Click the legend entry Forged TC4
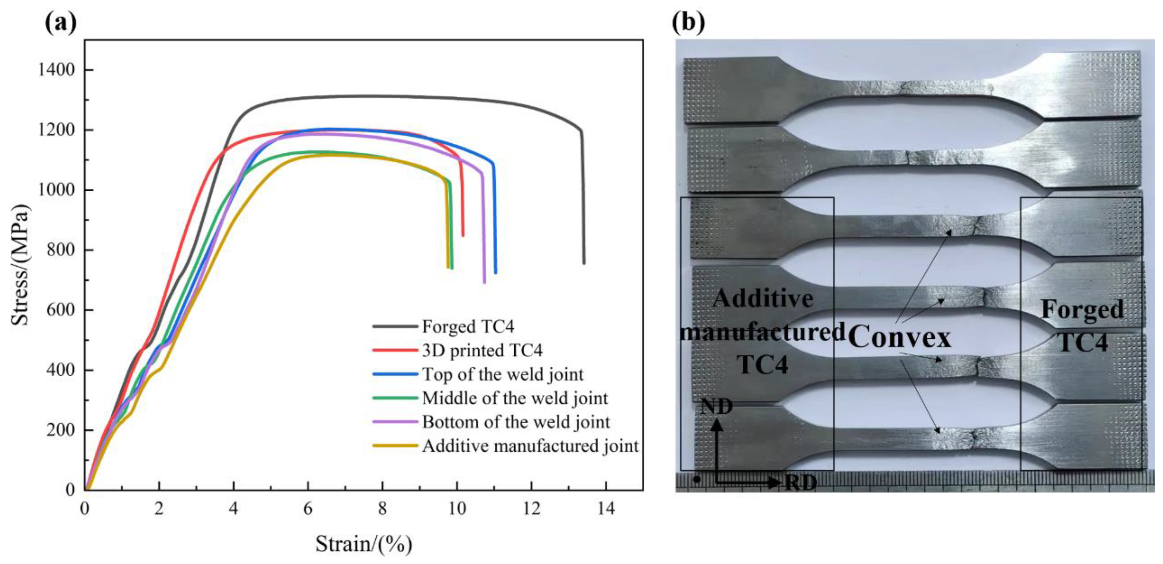[x=468, y=326]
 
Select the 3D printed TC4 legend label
[x=482, y=350]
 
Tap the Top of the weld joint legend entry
[x=502, y=374]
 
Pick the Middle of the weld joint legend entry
[x=515, y=398]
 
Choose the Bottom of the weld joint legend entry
[x=516, y=422]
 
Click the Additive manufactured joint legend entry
[x=530, y=446]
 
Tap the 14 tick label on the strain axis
[x=606, y=509]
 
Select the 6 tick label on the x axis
[x=308, y=509]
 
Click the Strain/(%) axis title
[x=363, y=544]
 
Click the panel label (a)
[x=61, y=22]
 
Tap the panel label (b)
[x=688, y=22]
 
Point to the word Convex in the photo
[x=900, y=337]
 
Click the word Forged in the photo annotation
[x=1082, y=310]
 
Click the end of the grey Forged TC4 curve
[x=584, y=263]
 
